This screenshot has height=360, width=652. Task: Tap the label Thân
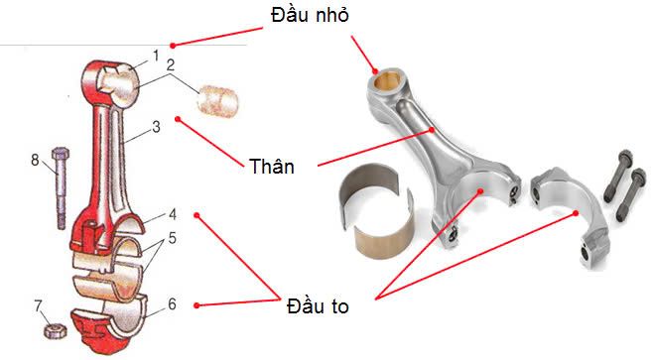coord(273,165)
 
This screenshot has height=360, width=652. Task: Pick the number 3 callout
coord(156,127)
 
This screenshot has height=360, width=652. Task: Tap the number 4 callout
coord(172,213)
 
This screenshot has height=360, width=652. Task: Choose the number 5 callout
coord(172,238)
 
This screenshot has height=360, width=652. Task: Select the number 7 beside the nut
coord(38,304)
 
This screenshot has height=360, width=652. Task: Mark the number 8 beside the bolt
coord(35,159)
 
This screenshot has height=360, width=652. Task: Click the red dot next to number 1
coord(174,45)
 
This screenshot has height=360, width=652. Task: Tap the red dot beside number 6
coord(198,304)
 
